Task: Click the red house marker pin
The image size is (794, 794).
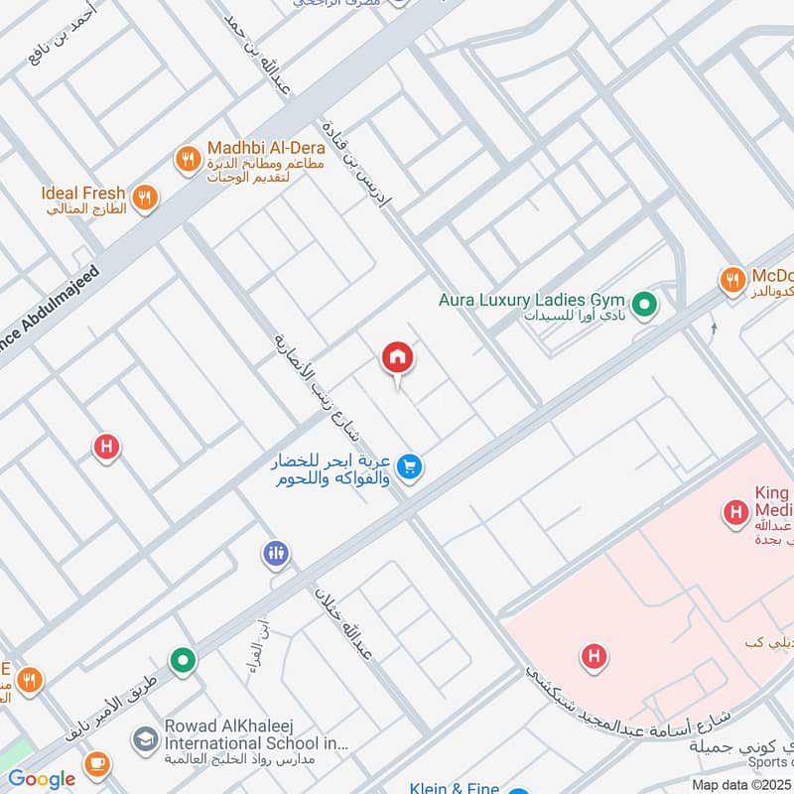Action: (x=397, y=357)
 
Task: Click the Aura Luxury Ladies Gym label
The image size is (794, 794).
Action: (x=532, y=299)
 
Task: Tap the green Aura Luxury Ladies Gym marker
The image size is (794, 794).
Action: (x=646, y=304)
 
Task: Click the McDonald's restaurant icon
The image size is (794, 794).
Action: (x=733, y=281)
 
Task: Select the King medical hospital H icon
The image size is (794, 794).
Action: (x=735, y=512)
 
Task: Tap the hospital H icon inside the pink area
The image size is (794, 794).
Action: (x=594, y=656)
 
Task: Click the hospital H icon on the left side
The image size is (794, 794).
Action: (x=106, y=447)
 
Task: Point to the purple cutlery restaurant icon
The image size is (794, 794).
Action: (x=276, y=554)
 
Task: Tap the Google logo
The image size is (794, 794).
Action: (x=41, y=779)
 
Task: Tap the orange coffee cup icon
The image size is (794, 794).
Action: (x=96, y=763)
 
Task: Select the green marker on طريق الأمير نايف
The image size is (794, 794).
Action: (x=182, y=659)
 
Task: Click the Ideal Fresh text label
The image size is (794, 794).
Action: (x=83, y=193)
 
